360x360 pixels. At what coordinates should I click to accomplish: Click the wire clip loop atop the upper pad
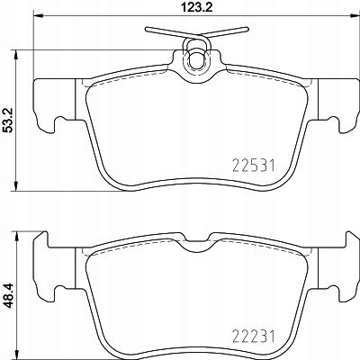[x=194, y=59]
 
